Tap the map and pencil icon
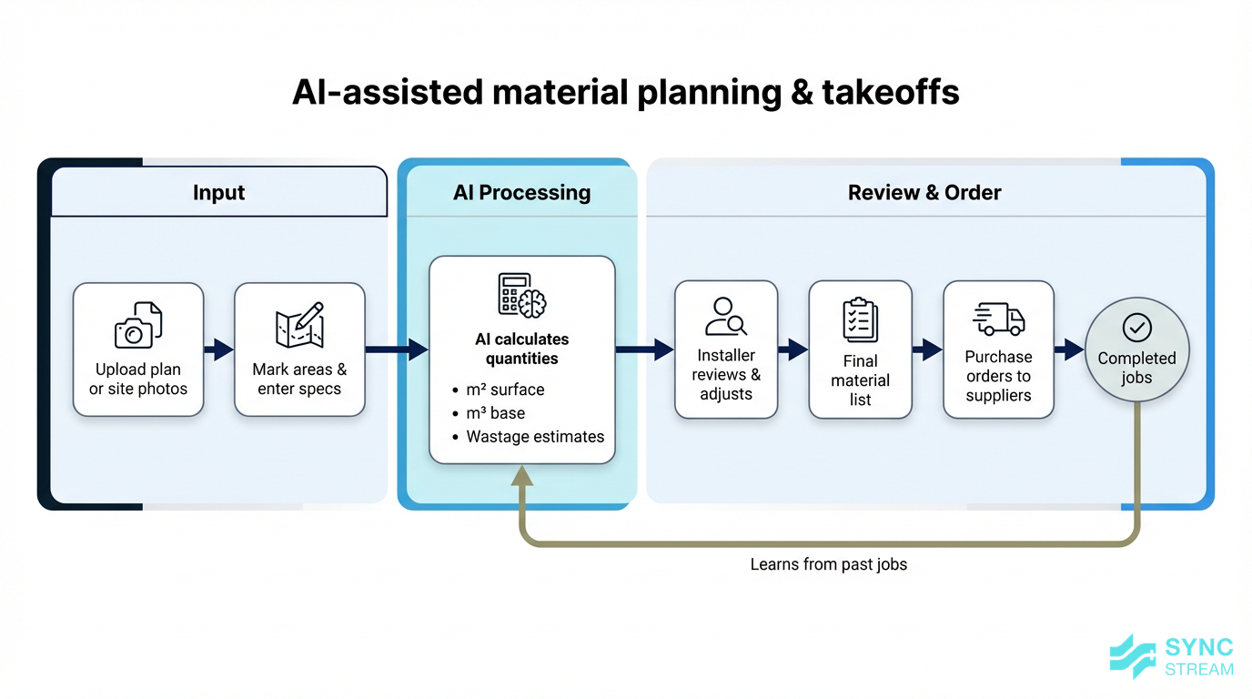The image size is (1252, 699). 299,325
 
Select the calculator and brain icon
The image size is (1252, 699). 522,295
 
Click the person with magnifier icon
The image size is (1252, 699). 726,317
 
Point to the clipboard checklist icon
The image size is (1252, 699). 860,319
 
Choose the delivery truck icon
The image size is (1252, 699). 998,319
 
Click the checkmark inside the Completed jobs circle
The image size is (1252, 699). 1136,327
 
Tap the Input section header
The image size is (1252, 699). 218,192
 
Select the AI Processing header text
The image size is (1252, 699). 521,192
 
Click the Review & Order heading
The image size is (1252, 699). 924,192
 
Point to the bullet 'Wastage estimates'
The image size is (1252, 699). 534,437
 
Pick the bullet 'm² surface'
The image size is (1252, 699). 505,390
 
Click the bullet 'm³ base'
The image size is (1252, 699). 495,413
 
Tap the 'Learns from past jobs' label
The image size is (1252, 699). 828,564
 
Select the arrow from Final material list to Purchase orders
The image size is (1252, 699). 927,349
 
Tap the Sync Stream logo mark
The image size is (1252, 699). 1133,656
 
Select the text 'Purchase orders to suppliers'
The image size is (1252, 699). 998,376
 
